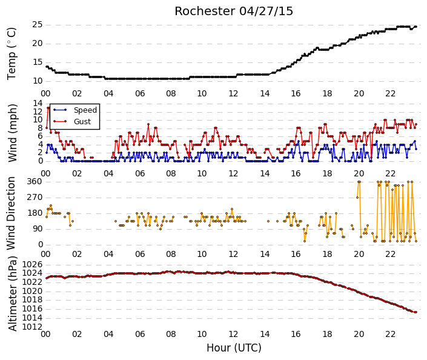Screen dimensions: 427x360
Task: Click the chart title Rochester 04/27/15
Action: point(234,12)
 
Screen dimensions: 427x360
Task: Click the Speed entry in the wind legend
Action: point(85,110)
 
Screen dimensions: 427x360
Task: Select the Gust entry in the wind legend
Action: point(82,122)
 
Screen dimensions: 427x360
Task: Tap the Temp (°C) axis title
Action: point(12,54)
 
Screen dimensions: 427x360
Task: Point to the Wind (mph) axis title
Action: point(13,133)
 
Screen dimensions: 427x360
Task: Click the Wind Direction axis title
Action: point(11,213)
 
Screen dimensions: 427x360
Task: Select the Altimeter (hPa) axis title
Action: point(13,294)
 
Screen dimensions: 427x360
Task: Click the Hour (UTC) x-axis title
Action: point(234,348)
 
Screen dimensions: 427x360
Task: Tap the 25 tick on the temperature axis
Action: point(38,25)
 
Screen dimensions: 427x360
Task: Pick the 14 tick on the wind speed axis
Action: point(38,103)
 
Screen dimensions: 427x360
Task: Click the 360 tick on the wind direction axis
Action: point(35,181)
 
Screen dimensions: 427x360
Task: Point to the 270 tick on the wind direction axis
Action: point(35,198)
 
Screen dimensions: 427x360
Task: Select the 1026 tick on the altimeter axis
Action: point(32,264)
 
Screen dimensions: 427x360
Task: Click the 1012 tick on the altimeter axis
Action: point(32,327)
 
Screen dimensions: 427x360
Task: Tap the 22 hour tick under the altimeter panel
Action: point(390,334)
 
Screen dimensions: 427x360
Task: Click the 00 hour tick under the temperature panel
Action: point(46,94)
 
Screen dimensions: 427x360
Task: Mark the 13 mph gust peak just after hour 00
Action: point(48,108)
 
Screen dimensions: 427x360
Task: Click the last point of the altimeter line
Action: point(416,312)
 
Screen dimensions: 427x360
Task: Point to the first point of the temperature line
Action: point(47,67)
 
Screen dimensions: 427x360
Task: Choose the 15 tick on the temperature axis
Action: point(38,62)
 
